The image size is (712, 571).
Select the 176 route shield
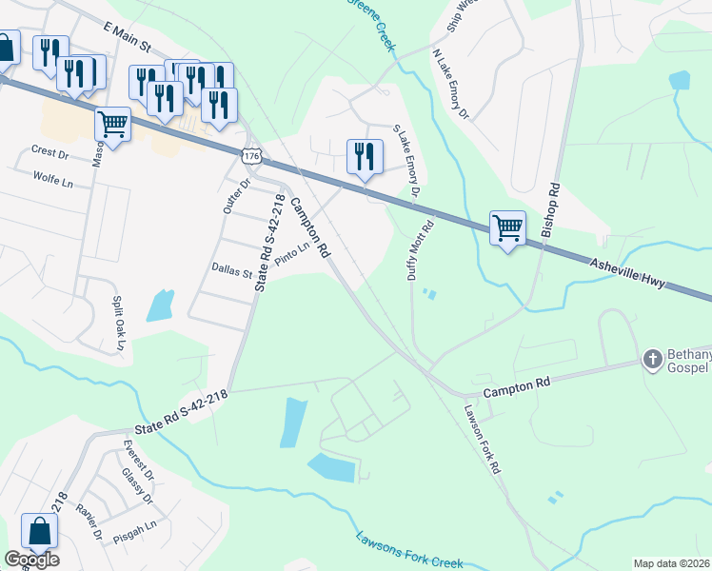251,155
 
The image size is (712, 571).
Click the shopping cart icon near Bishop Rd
508,228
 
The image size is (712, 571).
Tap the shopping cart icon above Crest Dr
113,124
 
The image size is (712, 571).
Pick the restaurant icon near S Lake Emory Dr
365,157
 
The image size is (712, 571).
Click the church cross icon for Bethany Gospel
652,359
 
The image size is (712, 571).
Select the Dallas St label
232,272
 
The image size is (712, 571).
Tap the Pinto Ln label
292,254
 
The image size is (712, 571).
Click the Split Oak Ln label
118,324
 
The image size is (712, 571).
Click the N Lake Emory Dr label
450,87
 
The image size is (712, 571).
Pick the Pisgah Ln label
135,530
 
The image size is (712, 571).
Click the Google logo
31,560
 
